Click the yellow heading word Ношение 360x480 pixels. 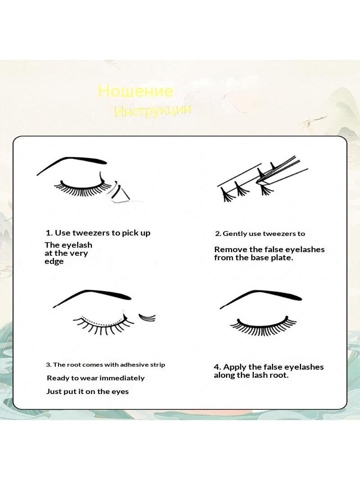tap(135, 91)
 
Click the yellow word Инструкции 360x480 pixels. tap(153, 110)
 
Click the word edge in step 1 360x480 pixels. tap(54, 262)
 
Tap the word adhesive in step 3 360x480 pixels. tap(134, 365)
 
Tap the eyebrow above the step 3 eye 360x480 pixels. tap(92, 295)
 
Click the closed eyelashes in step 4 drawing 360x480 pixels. tap(263, 326)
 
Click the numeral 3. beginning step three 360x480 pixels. tap(49, 365)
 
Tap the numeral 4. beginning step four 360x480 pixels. tap(217, 367)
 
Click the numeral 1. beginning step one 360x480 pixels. tap(49, 233)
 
